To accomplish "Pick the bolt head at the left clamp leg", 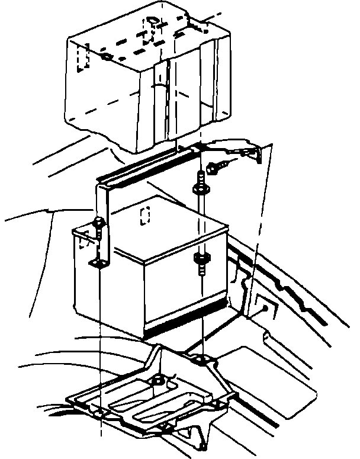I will (x=98, y=224).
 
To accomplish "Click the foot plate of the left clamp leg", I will (x=97, y=262).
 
